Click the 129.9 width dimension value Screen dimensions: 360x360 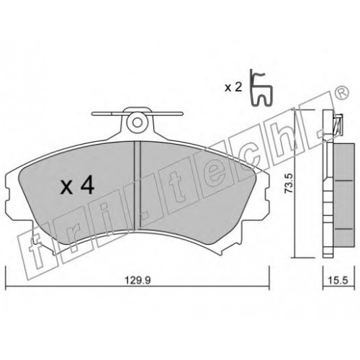[138, 280]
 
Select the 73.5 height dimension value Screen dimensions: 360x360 [289, 184]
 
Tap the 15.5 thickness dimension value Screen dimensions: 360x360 [338, 280]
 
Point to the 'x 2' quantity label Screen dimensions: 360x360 [233, 88]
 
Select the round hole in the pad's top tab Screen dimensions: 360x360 [137, 122]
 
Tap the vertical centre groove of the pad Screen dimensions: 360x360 [137, 185]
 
